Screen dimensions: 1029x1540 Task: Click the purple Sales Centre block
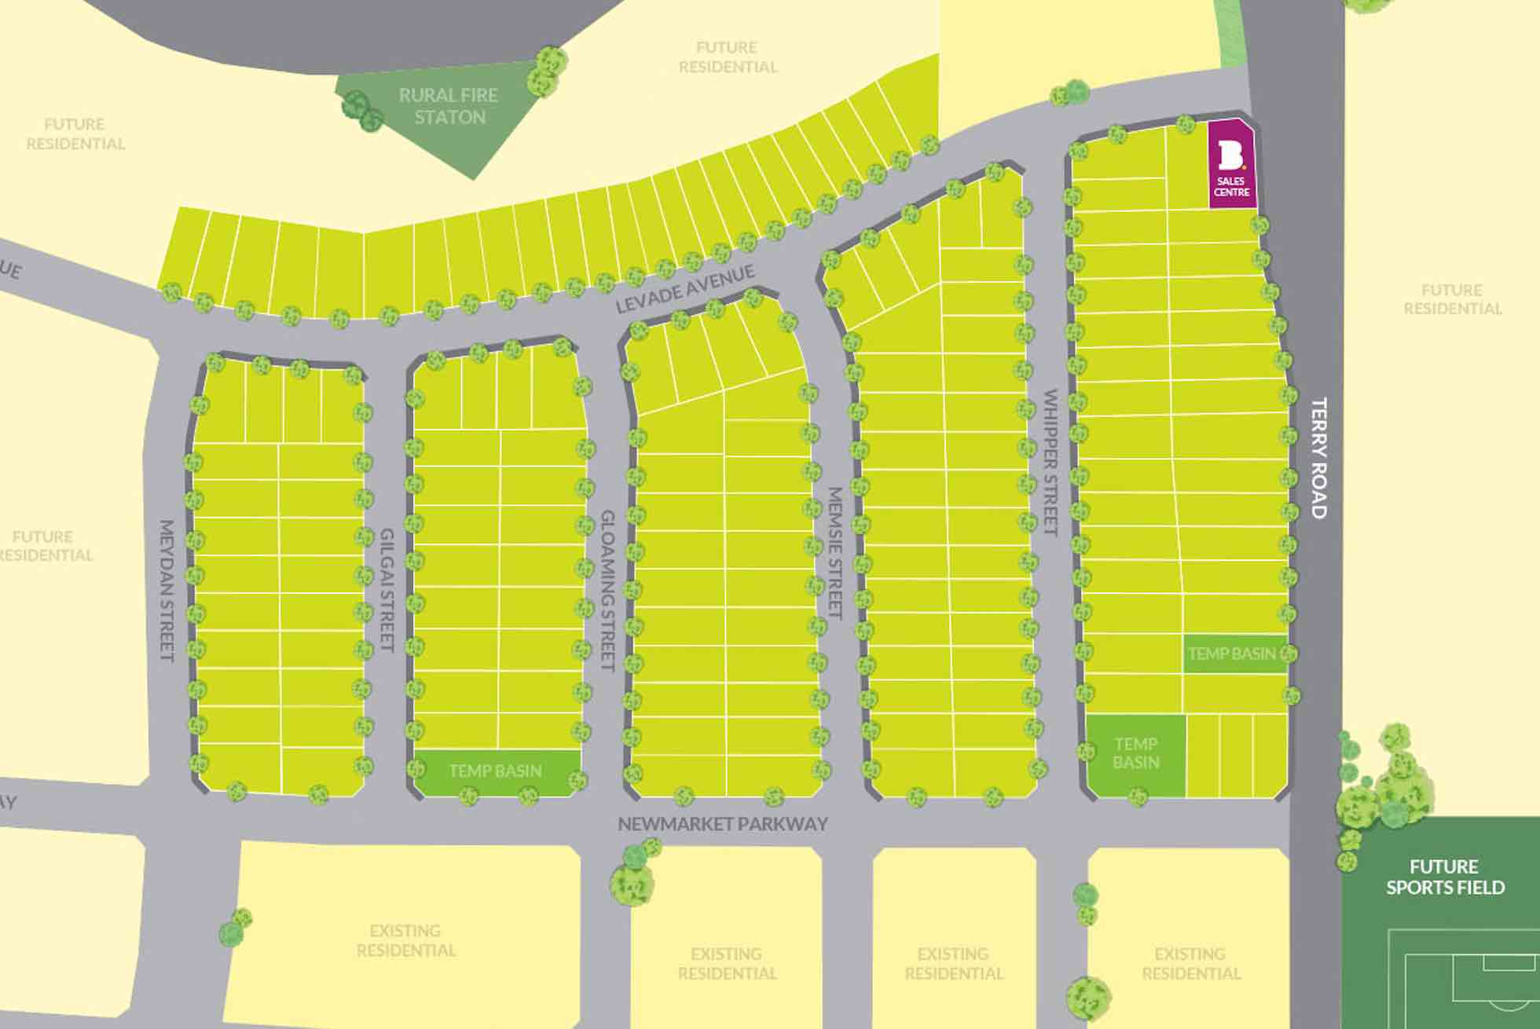pos(1231,165)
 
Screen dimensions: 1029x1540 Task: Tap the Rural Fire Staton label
pos(449,106)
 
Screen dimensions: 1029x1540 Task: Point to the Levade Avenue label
pos(684,288)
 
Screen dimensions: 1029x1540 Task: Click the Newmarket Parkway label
pos(722,824)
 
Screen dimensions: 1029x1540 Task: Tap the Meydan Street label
pos(167,589)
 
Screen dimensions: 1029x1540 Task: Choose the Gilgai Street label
pos(387,589)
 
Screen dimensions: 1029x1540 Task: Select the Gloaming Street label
pos(607,590)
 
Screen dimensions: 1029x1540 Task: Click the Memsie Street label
pos(835,553)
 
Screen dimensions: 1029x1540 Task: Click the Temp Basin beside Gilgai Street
pos(495,771)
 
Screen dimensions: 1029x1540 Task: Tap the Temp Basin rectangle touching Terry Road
pos(1232,654)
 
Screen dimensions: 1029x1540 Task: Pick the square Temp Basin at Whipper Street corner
pos(1135,754)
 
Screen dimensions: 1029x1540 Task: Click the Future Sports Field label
pos(1444,877)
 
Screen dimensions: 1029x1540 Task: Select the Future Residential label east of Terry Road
pos(1452,299)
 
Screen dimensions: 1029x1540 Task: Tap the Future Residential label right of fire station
pos(728,57)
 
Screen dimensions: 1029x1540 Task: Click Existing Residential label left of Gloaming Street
pos(405,940)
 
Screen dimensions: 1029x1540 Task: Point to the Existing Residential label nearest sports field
pos(1190,963)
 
